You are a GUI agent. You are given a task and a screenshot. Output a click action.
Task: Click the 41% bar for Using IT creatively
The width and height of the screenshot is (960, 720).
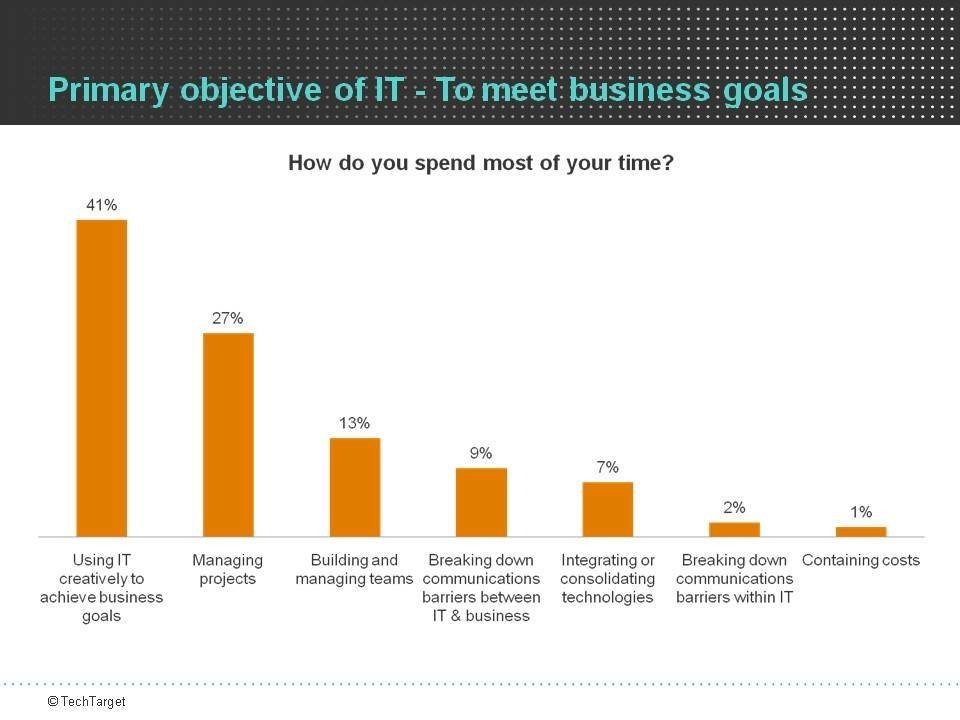(102, 378)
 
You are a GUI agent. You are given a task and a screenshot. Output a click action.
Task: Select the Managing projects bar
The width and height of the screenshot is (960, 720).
(228, 435)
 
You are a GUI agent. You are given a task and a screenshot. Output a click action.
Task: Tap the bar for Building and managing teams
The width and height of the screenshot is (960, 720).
(355, 487)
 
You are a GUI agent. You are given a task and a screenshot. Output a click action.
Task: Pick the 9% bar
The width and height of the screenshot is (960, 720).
(481, 502)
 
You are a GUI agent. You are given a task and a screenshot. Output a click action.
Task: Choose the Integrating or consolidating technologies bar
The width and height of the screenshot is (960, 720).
(608, 509)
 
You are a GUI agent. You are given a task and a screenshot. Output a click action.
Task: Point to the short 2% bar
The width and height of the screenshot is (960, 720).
(735, 529)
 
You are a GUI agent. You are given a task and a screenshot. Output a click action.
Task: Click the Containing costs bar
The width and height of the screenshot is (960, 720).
(861, 532)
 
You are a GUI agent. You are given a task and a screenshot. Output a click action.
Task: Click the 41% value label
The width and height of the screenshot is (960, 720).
(102, 205)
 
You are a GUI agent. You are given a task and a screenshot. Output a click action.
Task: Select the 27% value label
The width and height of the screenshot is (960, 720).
(228, 318)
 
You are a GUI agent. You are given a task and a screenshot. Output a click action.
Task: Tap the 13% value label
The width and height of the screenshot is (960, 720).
(355, 423)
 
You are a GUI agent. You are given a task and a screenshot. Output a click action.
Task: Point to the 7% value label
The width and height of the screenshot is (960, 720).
(608, 467)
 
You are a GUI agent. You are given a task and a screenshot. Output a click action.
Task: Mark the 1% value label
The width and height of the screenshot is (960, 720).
(861, 512)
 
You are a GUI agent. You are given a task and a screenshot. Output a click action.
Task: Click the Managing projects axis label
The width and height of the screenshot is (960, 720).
(227, 569)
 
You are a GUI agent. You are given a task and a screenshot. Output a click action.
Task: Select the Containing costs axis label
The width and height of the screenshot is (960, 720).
(861, 560)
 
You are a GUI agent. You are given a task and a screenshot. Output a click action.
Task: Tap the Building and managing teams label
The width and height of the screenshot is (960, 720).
(355, 569)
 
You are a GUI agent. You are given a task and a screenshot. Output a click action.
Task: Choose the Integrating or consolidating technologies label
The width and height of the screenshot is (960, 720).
(608, 578)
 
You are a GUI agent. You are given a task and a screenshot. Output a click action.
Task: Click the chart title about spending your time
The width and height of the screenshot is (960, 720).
(481, 162)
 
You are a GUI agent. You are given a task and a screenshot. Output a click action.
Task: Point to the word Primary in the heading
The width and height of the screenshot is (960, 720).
(109, 90)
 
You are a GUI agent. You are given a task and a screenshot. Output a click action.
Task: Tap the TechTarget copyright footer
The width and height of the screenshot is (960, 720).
(87, 702)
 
